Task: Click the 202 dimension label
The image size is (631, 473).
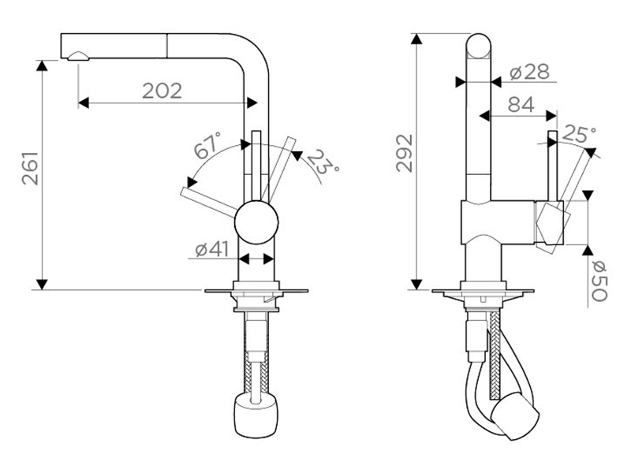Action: point(162,91)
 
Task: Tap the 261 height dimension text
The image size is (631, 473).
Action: point(30,168)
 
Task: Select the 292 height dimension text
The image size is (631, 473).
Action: point(405,153)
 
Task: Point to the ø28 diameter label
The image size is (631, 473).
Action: point(528,73)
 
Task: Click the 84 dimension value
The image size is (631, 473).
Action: point(521,105)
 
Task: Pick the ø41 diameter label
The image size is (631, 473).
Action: point(211,249)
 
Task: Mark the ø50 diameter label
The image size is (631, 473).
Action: point(599,281)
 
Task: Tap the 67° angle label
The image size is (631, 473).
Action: point(207,145)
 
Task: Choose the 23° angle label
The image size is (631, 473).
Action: point(323,162)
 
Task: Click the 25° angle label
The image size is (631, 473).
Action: point(579,134)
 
